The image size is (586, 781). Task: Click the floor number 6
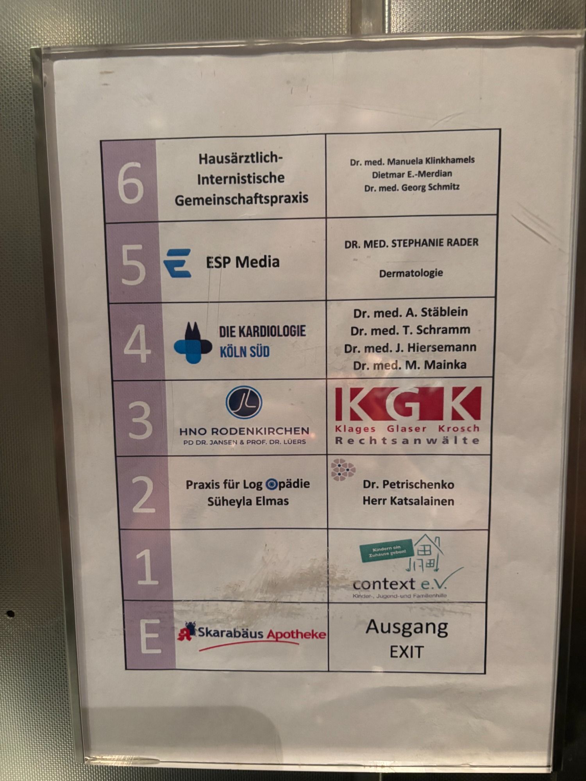[130, 183]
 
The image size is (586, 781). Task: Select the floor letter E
[150, 636]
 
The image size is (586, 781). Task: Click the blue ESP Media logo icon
[177, 263]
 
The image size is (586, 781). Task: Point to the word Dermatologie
[411, 273]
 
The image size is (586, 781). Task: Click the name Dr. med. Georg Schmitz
[412, 187]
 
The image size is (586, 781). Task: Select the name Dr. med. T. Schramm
[410, 330]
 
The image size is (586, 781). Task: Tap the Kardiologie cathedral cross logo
[193, 343]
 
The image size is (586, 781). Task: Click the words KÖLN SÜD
[245, 351]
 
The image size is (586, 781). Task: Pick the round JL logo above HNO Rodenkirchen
[244, 403]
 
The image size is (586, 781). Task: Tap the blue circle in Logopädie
[271, 485]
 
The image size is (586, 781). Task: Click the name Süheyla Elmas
[248, 501]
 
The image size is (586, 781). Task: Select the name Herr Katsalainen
[408, 501]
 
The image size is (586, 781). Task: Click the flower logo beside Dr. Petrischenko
[343, 469]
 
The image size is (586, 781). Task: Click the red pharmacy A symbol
[186, 631]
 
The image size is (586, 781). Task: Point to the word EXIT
[406, 652]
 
